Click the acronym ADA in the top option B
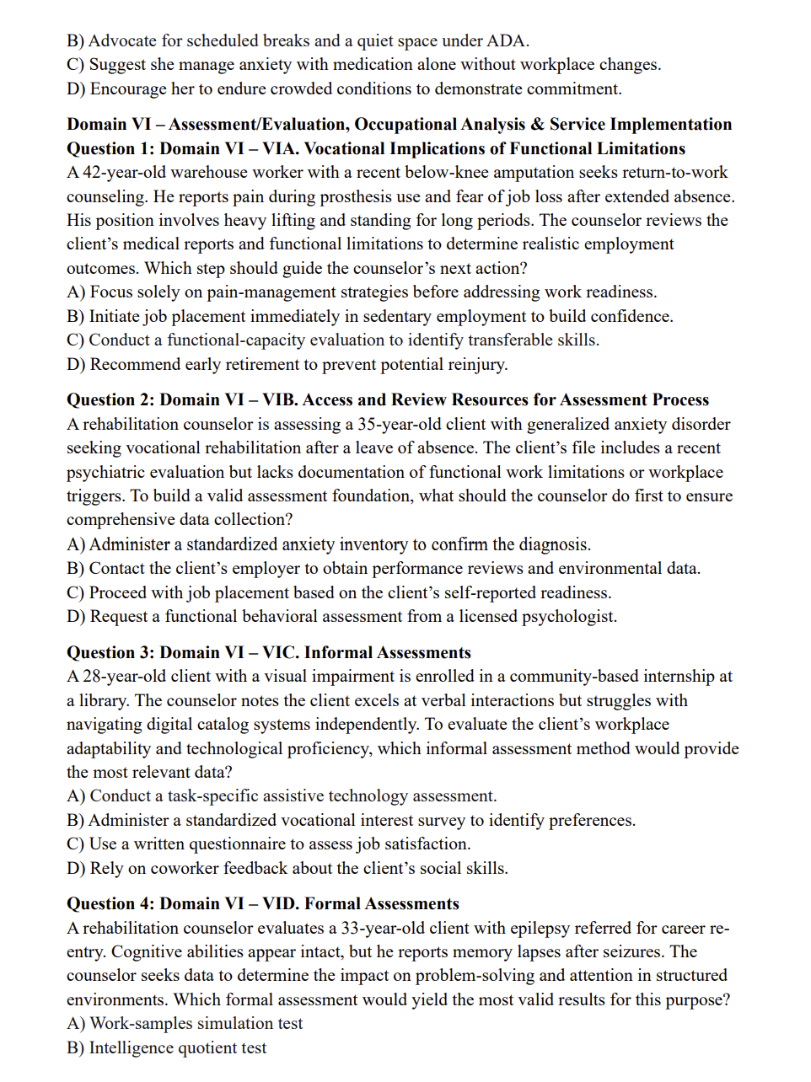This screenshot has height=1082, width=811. [x=508, y=40]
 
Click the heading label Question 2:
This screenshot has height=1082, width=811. [x=110, y=399]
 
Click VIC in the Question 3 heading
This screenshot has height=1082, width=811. [x=279, y=652]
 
